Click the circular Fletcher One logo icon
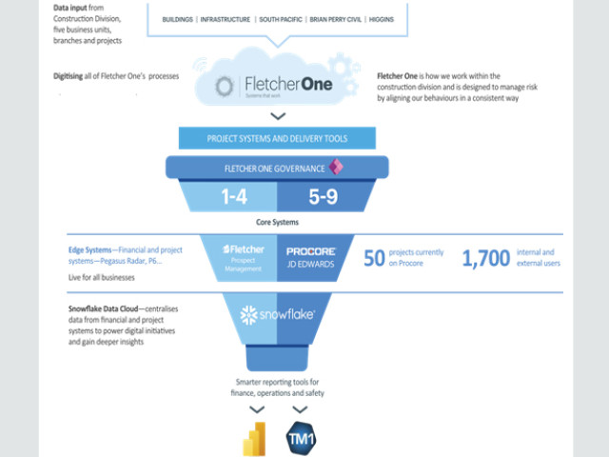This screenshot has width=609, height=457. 224,88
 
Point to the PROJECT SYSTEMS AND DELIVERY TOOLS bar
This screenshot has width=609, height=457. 277,138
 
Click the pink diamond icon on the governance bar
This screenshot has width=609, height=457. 335,167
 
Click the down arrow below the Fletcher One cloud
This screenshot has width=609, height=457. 277,116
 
